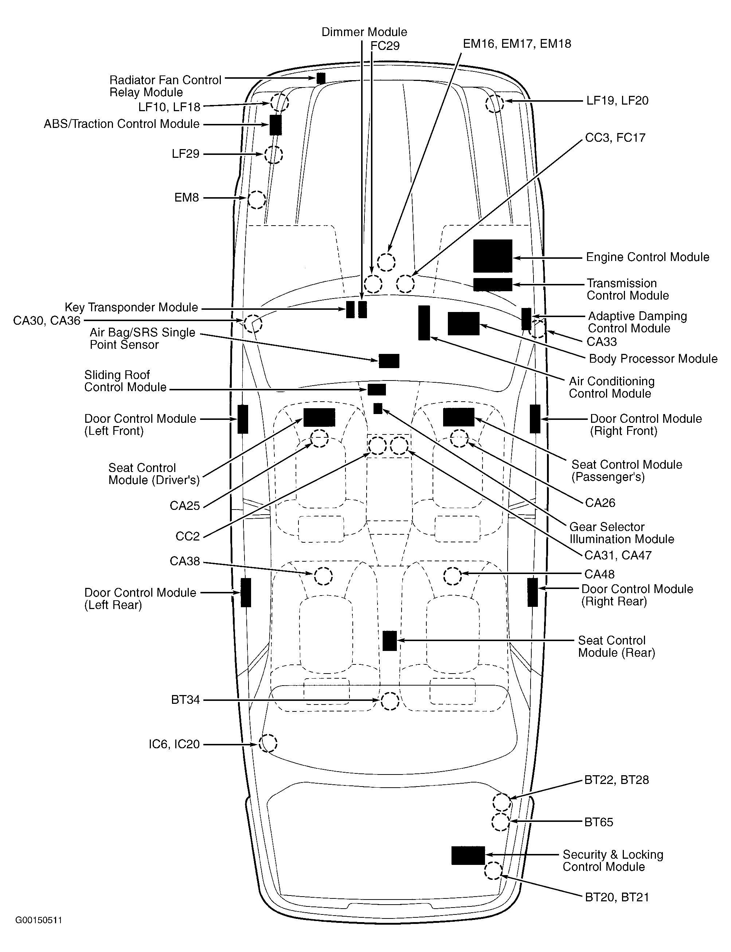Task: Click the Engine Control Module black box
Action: (493, 256)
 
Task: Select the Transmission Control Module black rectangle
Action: (493, 284)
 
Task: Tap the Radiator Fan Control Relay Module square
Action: (321, 78)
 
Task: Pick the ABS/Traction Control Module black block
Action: (275, 125)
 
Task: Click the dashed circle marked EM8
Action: (256, 200)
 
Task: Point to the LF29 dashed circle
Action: (273, 155)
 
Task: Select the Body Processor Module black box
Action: (464, 323)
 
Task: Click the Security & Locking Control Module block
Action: (468, 855)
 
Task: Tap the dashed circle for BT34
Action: (390, 701)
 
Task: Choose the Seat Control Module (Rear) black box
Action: (390, 641)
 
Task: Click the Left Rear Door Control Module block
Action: (246, 593)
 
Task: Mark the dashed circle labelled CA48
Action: (453, 576)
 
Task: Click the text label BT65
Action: (598, 822)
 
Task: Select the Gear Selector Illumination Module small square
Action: (378, 409)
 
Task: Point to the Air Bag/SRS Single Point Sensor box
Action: (389, 361)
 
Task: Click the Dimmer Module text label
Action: (364, 32)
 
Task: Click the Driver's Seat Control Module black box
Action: (319, 417)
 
